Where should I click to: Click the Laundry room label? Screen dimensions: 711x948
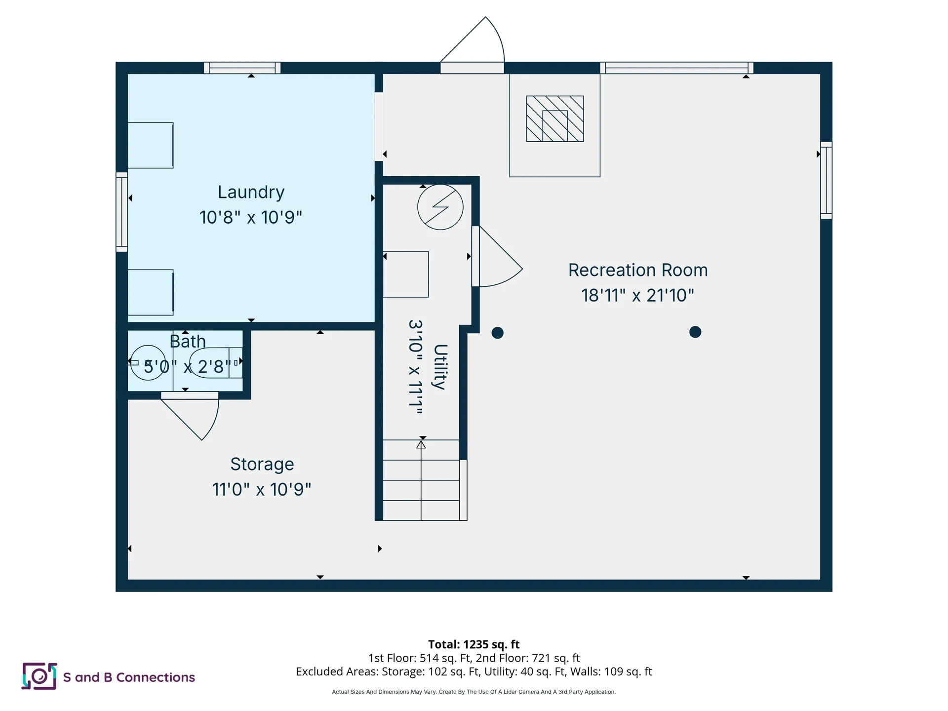251,192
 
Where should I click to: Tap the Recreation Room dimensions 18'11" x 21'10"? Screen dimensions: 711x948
637,295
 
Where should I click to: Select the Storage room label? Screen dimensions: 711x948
262,464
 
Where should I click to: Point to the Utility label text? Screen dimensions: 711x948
440,367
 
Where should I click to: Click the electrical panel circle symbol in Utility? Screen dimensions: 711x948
440,207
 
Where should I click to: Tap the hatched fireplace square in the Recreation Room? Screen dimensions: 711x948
554,118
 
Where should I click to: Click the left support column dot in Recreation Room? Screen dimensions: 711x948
497,333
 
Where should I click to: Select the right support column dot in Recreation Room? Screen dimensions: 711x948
695,332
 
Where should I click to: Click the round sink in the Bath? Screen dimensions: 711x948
148,362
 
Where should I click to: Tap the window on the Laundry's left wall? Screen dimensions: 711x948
121,212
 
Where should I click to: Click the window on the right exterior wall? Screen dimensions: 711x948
826,180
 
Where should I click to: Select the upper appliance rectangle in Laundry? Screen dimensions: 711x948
150,145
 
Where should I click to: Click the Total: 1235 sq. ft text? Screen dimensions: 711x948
474,644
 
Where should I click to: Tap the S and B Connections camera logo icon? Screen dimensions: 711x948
39,676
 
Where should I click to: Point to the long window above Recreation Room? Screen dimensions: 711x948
676,68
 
